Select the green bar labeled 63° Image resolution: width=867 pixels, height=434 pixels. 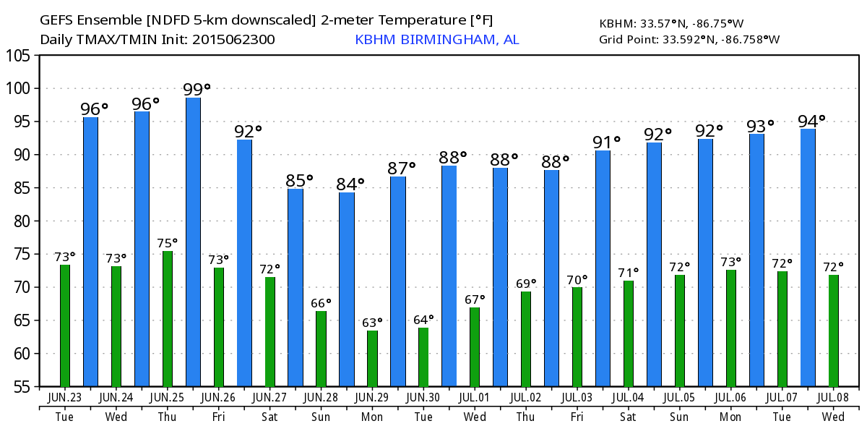coord(372,359)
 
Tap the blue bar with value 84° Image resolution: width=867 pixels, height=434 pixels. coord(347,289)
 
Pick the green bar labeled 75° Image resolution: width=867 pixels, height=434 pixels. coord(168,318)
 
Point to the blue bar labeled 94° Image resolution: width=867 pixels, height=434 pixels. coord(808,258)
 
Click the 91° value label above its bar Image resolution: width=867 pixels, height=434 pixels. coord(608,142)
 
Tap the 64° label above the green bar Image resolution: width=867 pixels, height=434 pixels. coord(423,319)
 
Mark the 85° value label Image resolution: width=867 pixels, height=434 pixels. coord(300,180)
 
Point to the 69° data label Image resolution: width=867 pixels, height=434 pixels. coord(525,283)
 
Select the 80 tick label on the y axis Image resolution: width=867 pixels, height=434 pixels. coord(22,221)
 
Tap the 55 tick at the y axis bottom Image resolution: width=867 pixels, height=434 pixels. coord(22,387)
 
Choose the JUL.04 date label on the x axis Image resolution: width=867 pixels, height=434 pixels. coord(628,397)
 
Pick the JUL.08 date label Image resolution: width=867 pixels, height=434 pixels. coord(833,397)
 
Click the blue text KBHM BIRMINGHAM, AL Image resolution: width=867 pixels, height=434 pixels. coord(436,39)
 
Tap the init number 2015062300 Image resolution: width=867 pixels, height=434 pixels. coord(233,39)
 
